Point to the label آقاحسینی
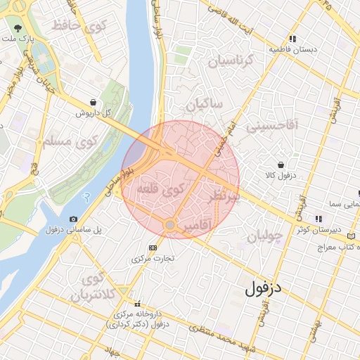coord(274,126)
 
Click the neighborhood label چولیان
coord(264,236)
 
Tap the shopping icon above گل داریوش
coord(94,103)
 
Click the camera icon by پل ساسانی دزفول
coord(74,219)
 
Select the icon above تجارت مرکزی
coord(153,248)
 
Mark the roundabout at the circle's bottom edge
coord(169,225)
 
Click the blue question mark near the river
coord(86,200)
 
